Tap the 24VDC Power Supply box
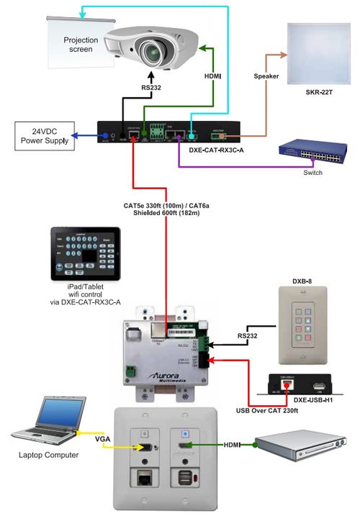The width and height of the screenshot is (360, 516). [45, 137]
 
